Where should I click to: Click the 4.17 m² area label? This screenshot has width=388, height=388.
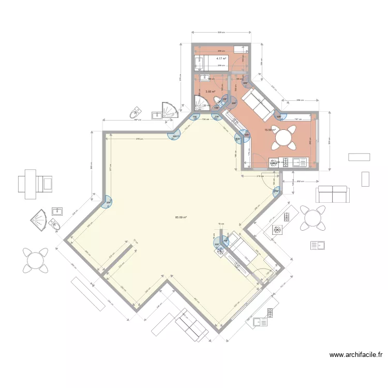pyautogui.click(x=221, y=58)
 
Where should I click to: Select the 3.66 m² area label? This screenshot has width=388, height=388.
pyautogui.click(x=210, y=92)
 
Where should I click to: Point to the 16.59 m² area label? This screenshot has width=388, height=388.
pyautogui.click(x=270, y=130)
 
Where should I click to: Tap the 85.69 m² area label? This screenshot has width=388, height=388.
pyautogui.click(x=181, y=217)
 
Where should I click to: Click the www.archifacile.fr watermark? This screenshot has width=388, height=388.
pyautogui.click(x=356, y=355)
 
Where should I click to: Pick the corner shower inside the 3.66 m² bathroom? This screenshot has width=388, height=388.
pyautogui.click(x=200, y=102)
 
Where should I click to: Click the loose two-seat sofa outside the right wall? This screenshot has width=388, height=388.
pyautogui.click(x=332, y=195)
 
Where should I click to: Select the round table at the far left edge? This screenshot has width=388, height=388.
pyautogui.click(x=34, y=260)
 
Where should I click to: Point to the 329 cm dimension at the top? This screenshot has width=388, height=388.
pyautogui.click(x=221, y=33)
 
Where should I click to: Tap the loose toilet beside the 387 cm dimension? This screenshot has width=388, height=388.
pyautogui.click(x=136, y=112)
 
